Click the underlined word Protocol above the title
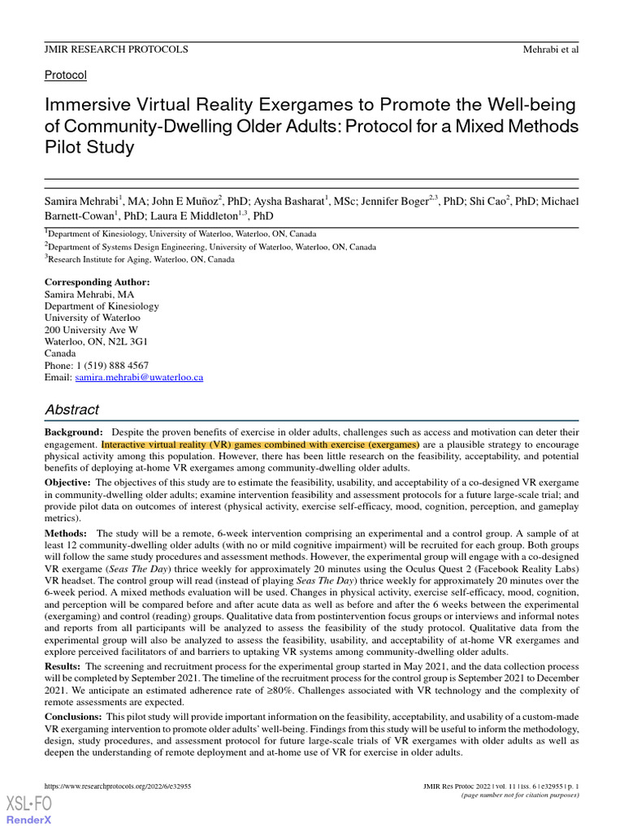(65, 75)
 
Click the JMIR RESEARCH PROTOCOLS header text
(115, 50)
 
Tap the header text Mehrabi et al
(550, 50)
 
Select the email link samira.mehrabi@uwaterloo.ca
(139, 378)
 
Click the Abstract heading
(71, 409)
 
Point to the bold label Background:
(73, 433)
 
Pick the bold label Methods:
(66, 532)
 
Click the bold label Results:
(63, 666)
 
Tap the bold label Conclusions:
(73, 717)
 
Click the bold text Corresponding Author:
(97, 282)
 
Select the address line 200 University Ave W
(91, 330)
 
